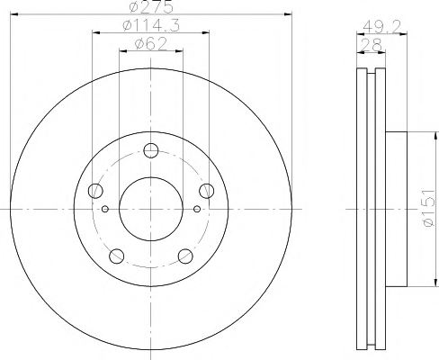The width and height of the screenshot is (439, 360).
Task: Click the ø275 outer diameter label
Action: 151,6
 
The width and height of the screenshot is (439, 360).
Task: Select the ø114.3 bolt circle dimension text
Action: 151,25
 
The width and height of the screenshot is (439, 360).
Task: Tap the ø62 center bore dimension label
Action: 150,44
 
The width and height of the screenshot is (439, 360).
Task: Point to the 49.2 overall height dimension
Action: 381,28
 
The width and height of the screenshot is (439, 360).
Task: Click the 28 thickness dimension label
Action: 371,46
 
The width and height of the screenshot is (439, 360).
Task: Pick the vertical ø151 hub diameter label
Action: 428,208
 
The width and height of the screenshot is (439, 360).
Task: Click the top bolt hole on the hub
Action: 151,150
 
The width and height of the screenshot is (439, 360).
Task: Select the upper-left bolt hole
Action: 95,191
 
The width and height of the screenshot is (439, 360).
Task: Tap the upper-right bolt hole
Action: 207,191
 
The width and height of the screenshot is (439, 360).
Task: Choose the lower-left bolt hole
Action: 117,256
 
